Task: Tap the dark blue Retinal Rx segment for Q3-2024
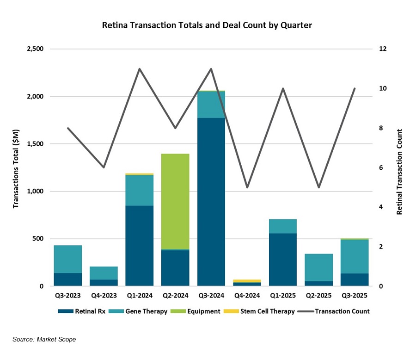click(x=211, y=202)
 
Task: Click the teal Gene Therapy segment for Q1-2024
click(x=140, y=190)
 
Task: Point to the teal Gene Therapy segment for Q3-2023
click(x=68, y=259)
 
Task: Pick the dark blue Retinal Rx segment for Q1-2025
click(x=283, y=260)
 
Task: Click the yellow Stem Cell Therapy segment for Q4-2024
click(x=247, y=281)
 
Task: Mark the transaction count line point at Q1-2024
click(x=140, y=69)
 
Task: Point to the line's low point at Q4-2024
click(x=247, y=187)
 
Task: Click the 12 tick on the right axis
click(x=383, y=49)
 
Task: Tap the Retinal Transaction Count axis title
click(x=400, y=172)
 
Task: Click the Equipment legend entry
click(x=199, y=311)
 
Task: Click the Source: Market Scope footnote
click(x=44, y=340)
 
